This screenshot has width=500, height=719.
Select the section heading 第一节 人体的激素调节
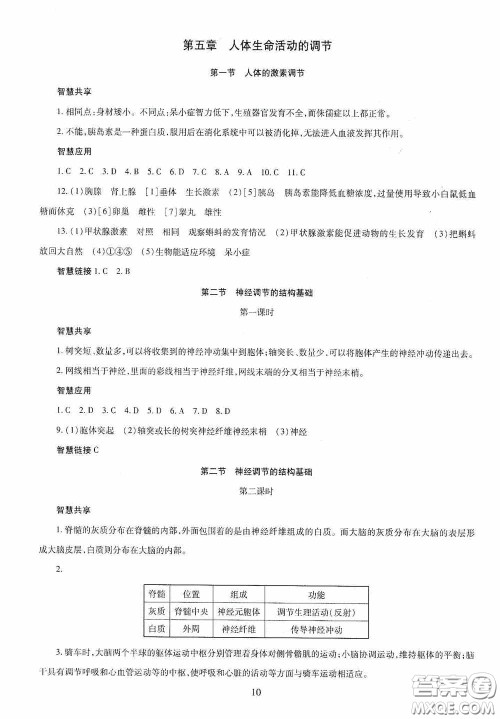click(x=250, y=75)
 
